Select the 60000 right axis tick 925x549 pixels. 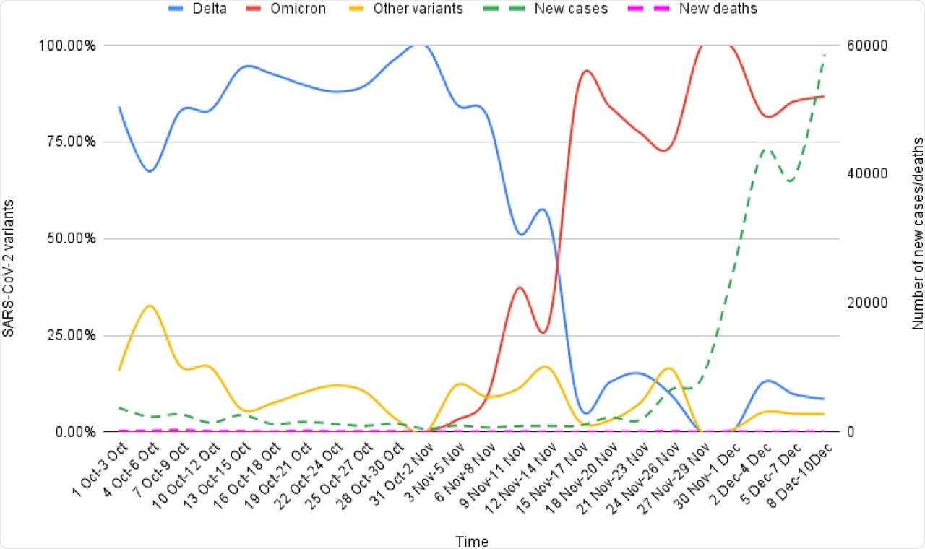click(x=867, y=45)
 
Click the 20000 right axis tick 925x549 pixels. click(x=867, y=303)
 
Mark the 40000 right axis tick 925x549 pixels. click(x=867, y=174)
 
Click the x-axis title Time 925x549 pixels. click(x=471, y=541)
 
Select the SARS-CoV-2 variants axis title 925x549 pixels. click(x=9, y=239)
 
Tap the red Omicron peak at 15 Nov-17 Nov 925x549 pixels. click(x=586, y=71)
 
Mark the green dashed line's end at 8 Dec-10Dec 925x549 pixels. click(x=825, y=55)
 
